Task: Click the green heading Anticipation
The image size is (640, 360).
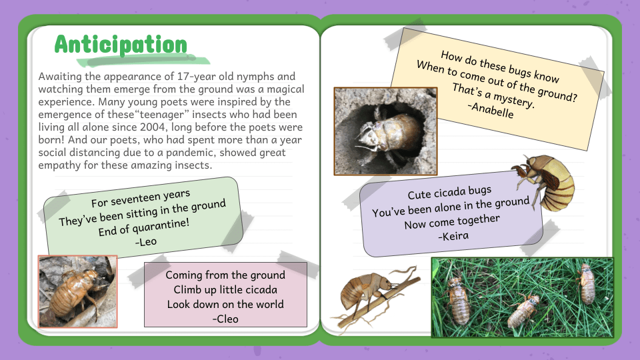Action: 121,45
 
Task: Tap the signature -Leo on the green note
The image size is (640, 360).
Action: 146,241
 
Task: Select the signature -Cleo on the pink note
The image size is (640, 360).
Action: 225,319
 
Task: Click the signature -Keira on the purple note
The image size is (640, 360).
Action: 453,235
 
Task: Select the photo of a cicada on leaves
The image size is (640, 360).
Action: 77,291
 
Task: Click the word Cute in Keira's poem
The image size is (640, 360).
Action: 419,195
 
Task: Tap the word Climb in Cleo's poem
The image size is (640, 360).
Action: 189,289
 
